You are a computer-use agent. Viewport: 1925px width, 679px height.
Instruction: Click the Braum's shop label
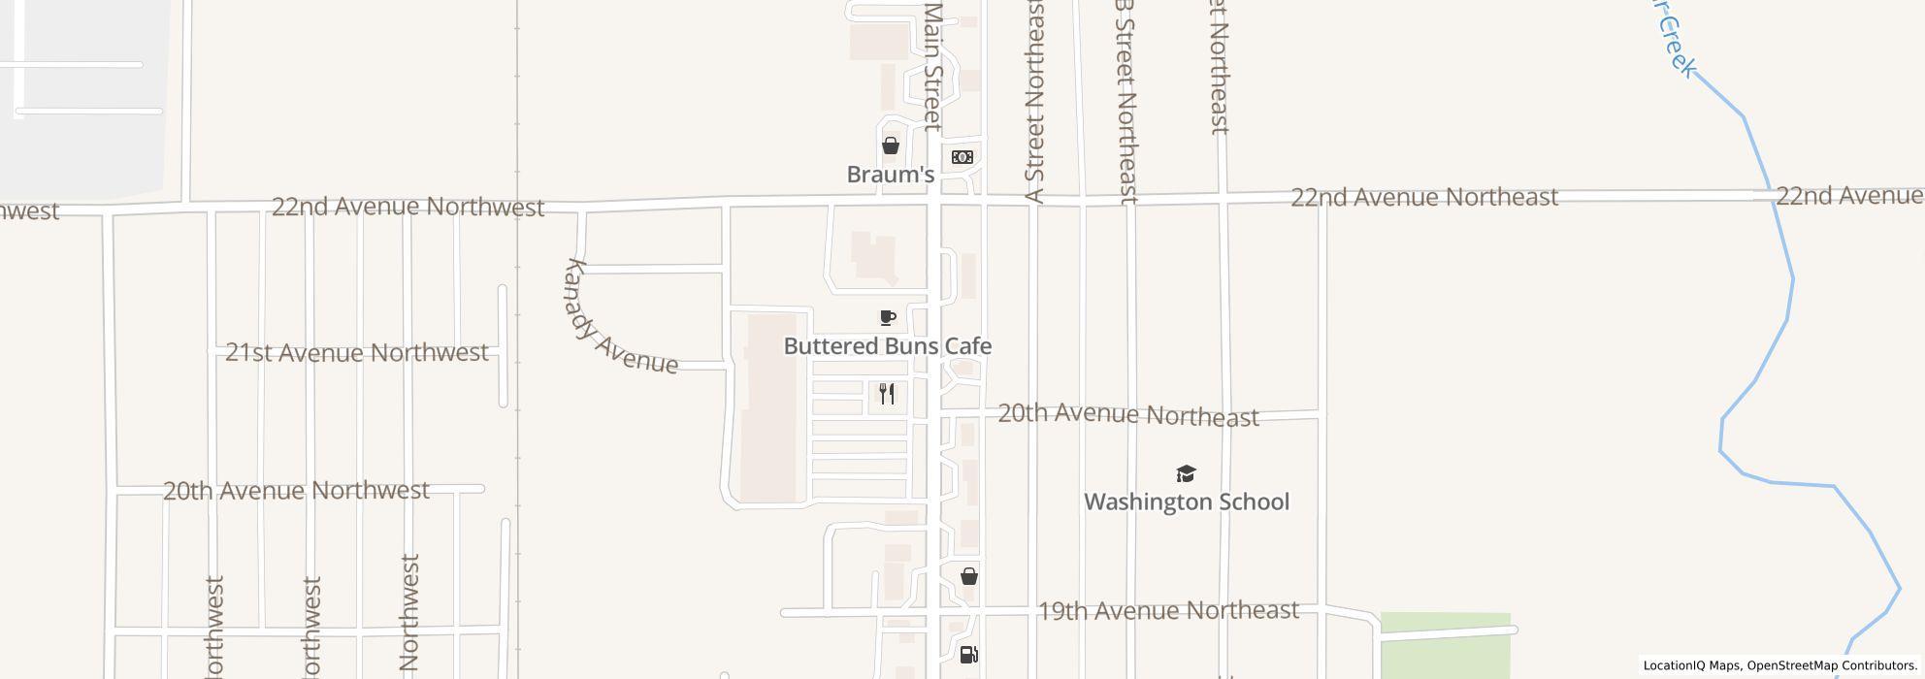point(890,175)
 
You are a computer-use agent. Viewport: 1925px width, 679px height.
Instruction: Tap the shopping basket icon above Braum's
point(890,145)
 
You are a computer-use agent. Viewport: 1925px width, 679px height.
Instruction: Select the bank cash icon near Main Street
point(962,157)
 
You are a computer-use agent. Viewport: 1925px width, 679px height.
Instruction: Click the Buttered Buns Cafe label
point(887,346)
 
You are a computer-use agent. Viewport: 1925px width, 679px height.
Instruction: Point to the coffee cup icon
point(887,317)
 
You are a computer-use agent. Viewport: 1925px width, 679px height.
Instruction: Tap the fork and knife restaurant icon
point(887,394)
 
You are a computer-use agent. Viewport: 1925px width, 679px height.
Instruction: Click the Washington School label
point(1186,501)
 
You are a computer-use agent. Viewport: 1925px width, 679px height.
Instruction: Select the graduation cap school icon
point(1186,473)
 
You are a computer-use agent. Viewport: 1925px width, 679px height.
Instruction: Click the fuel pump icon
point(968,655)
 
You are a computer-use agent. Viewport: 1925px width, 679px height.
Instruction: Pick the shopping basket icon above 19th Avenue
point(968,577)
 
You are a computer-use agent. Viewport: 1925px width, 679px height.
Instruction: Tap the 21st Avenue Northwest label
point(356,352)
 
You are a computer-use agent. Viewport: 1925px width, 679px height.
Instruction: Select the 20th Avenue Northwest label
point(296,490)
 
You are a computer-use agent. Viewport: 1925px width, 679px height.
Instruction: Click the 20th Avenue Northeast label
point(1127,414)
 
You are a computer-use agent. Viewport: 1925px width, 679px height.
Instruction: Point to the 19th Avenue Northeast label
point(1168,610)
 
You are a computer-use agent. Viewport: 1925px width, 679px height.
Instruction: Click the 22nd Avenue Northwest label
point(408,207)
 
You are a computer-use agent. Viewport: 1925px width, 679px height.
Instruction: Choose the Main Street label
point(932,66)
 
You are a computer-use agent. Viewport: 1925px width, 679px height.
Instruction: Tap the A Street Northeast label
point(1035,102)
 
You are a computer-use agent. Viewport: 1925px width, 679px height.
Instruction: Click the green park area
point(1445,644)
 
